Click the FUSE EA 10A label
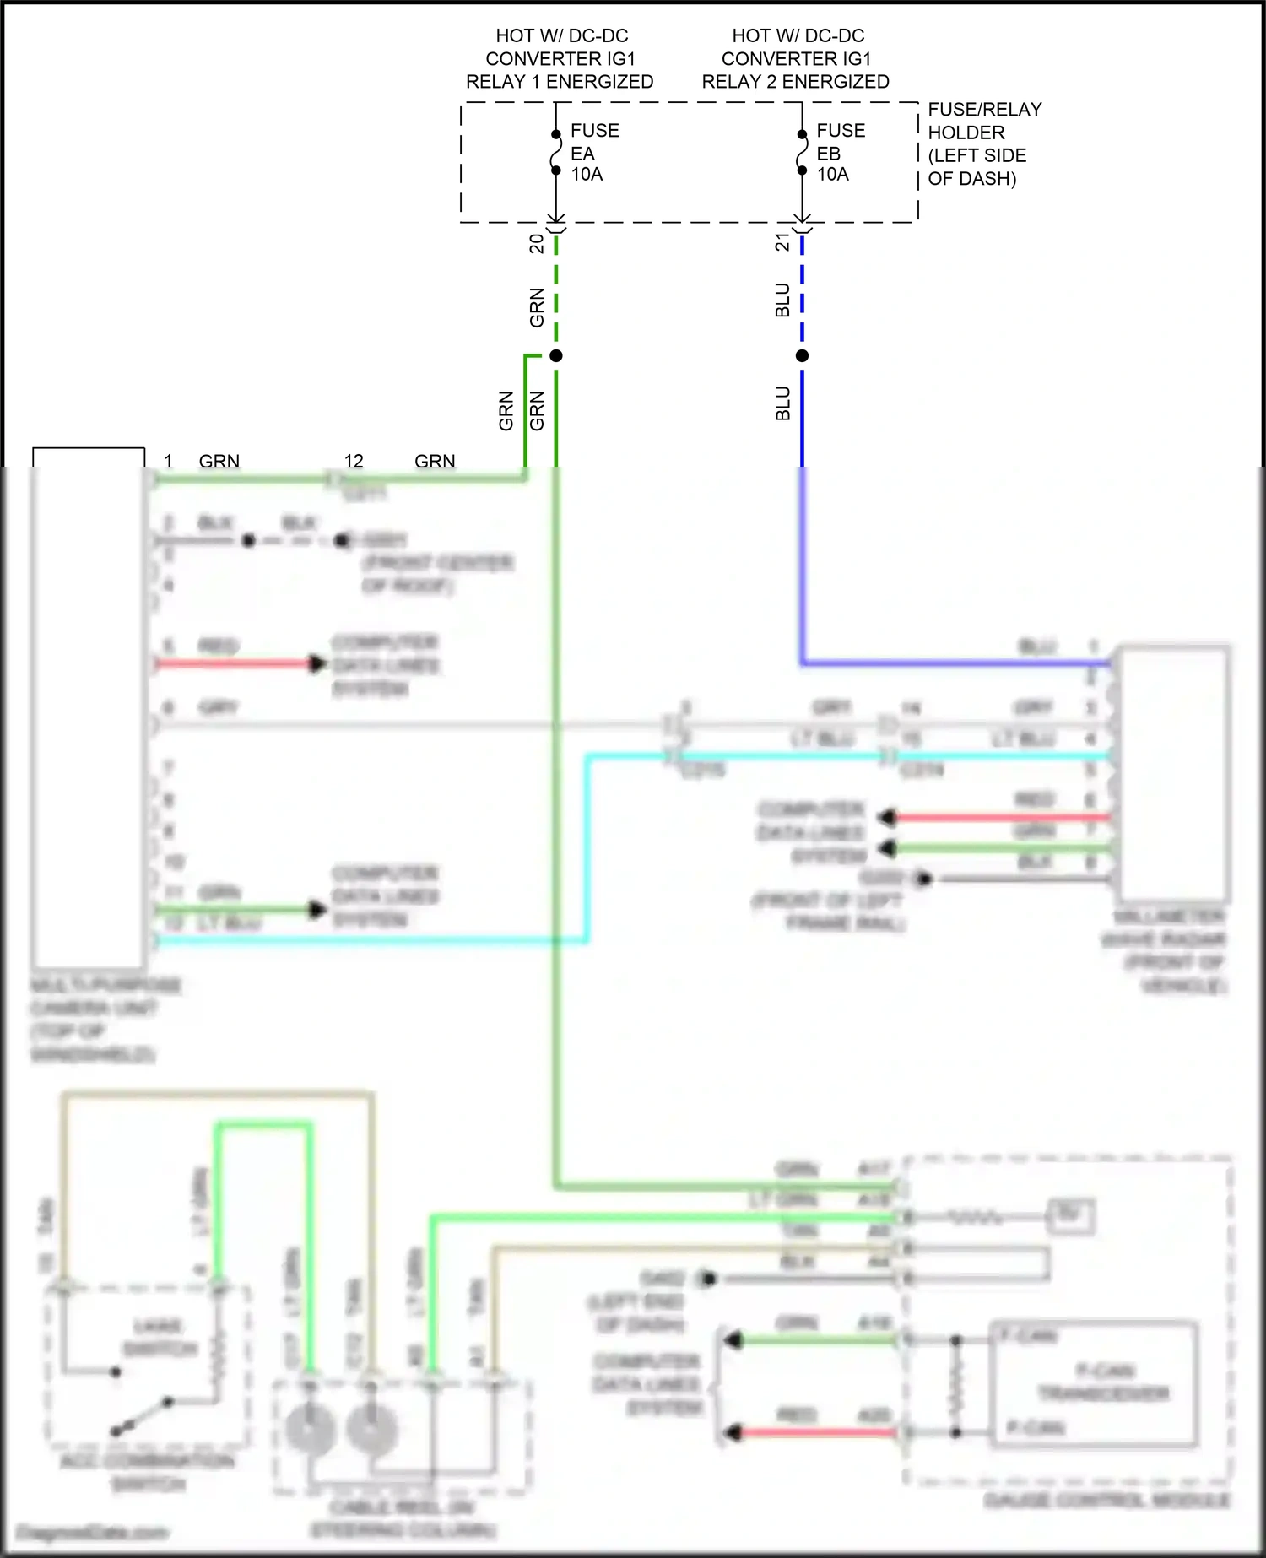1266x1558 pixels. pyautogui.click(x=594, y=153)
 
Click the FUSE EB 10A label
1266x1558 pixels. pyautogui.click(x=840, y=153)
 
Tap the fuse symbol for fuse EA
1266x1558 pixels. pyautogui.click(x=555, y=153)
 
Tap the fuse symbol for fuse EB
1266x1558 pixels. pyautogui.click(x=802, y=153)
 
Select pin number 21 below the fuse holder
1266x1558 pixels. pyautogui.click(x=782, y=243)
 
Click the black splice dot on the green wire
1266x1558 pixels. pyautogui.click(x=555, y=356)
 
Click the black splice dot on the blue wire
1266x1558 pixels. pyautogui.click(x=802, y=356)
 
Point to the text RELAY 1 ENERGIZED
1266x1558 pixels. pyautogui.click(x=560, y=82)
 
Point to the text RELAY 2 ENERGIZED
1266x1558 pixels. pyautogui.click(x=795, y=82)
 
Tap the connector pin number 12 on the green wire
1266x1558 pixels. pyautogui.click(x=354, y=461)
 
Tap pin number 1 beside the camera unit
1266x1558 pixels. pyautogui.click(x=168, y=461)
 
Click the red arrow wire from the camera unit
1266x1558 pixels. pyautogui.click(x=236, y=663)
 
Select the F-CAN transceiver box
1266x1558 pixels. pyautogui.click(x=1094, y=1385)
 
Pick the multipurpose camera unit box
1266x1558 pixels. pyautogui.click(x=88, y=709)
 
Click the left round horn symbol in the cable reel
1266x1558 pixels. pyautogui.click(x=310, y=1430)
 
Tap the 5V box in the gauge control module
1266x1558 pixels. pyautogui.click(x=1070, y=1215)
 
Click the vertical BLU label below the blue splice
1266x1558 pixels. pyautogui.click(x=783, y=403)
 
